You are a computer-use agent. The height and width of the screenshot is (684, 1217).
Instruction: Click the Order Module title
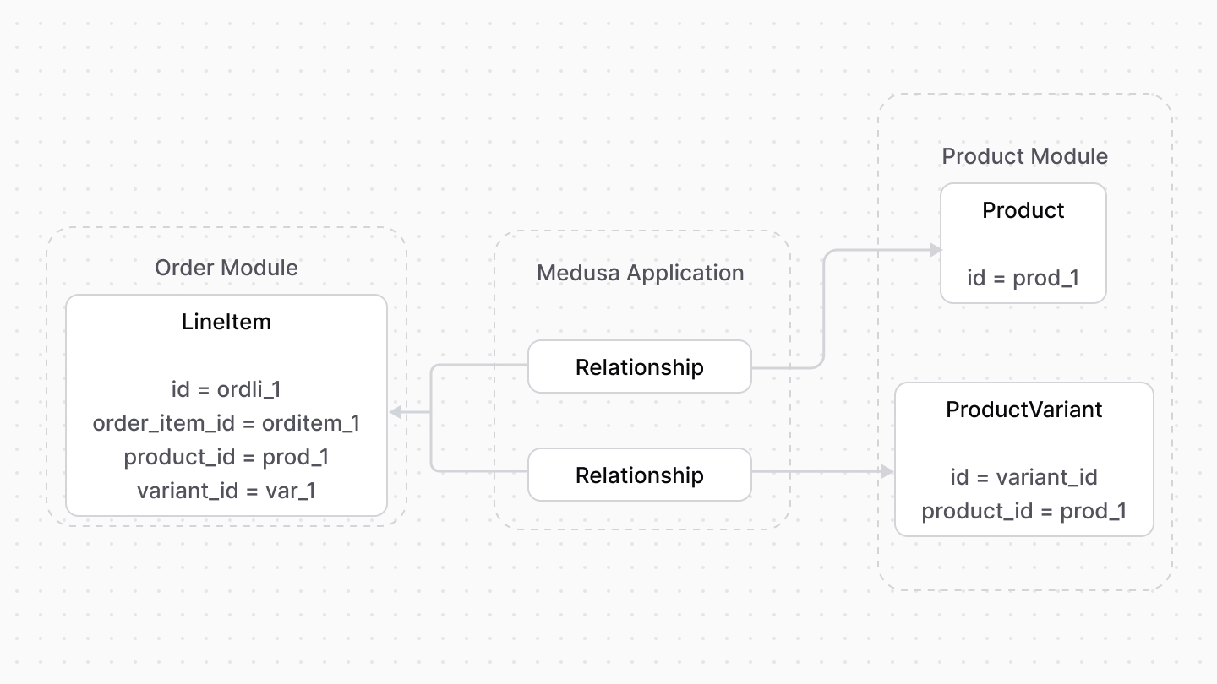(226, 268)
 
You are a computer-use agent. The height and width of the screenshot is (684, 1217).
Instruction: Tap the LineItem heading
(226, 322)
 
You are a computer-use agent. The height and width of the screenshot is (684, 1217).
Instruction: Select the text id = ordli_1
(226, 389)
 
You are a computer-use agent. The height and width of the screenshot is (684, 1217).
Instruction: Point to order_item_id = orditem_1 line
(226, 423)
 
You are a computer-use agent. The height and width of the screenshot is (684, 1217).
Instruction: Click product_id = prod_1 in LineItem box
(226, 457)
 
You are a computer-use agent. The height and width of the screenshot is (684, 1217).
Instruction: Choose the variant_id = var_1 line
(226, 491)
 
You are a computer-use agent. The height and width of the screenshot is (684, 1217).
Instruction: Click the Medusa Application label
(640, 273)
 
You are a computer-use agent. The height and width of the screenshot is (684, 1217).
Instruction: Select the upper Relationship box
(639, 367)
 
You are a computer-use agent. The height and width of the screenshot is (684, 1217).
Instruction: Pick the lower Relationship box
(639, 475)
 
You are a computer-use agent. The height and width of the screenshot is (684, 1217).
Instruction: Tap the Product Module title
(1024, 156)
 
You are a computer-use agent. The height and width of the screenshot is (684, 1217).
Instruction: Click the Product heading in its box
(1023, 210)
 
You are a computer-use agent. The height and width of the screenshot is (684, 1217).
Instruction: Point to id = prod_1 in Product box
(1023, 278)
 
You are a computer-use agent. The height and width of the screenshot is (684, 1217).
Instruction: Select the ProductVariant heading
(1023, 410)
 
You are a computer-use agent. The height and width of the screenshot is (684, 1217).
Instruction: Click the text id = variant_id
(1023, 477)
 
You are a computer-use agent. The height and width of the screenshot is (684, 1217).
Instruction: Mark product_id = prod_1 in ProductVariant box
(1023, 511)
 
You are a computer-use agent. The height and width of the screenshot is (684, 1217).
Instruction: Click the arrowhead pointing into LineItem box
(396, 412)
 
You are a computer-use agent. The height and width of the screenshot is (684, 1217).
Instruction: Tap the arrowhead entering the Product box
(935, 250)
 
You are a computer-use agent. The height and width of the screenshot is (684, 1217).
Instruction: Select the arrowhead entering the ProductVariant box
(887, 472)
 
